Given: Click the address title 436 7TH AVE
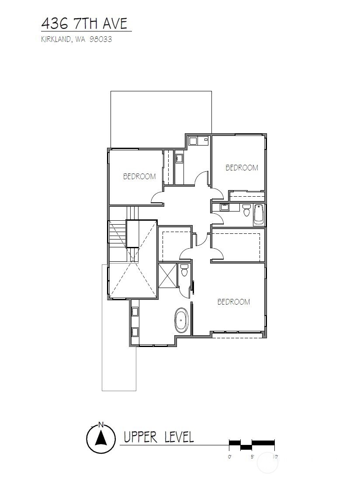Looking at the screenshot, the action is pyautogui.click(x=84, y=24).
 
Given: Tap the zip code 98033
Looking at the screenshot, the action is pyautogui.click(x=100, y=39).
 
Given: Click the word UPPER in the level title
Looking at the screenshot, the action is pyautogui.click(x=141, y=437).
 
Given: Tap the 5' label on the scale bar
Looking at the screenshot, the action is pyautogui.click(x=252, y=457).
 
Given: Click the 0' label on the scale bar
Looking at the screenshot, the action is pyautogui.click(x=230, y=457).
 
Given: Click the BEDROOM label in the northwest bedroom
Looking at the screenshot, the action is pyautogui.click(x=139, y=176).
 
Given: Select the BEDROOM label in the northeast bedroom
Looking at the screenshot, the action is pyautogui.click(x=242, y=167).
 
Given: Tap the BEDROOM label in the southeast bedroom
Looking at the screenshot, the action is pyautogui.click(x=234, y=302).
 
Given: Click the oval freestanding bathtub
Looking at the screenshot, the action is pyautogui.click(x=182, y=320).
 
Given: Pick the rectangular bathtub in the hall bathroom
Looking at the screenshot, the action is pyautogui.click(x=259, y=215).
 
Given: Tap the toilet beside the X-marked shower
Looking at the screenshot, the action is pyautogui.click(x=184, y=270).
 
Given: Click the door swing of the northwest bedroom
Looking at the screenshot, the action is pyautogui.click(x=158, y=197).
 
